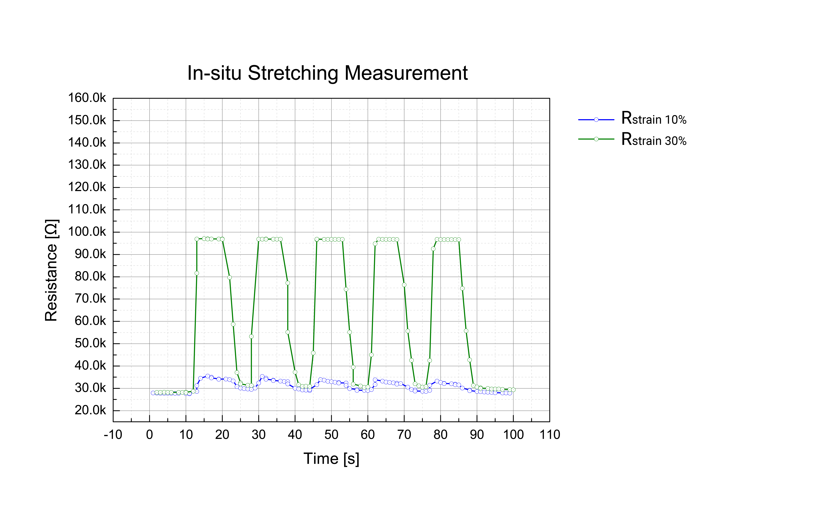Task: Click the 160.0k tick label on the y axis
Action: point(87,98)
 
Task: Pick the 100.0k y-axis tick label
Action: point(87,232)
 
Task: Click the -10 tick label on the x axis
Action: point(113,435)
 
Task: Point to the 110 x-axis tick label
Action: point(550,435)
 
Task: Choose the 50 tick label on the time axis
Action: point(331,435)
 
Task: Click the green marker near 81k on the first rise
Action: point(197,273)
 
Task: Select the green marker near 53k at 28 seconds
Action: point(251,336)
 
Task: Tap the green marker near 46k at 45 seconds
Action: point(313,353)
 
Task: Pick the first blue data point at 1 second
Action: point(153,393)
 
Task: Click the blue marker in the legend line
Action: point(596,120)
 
